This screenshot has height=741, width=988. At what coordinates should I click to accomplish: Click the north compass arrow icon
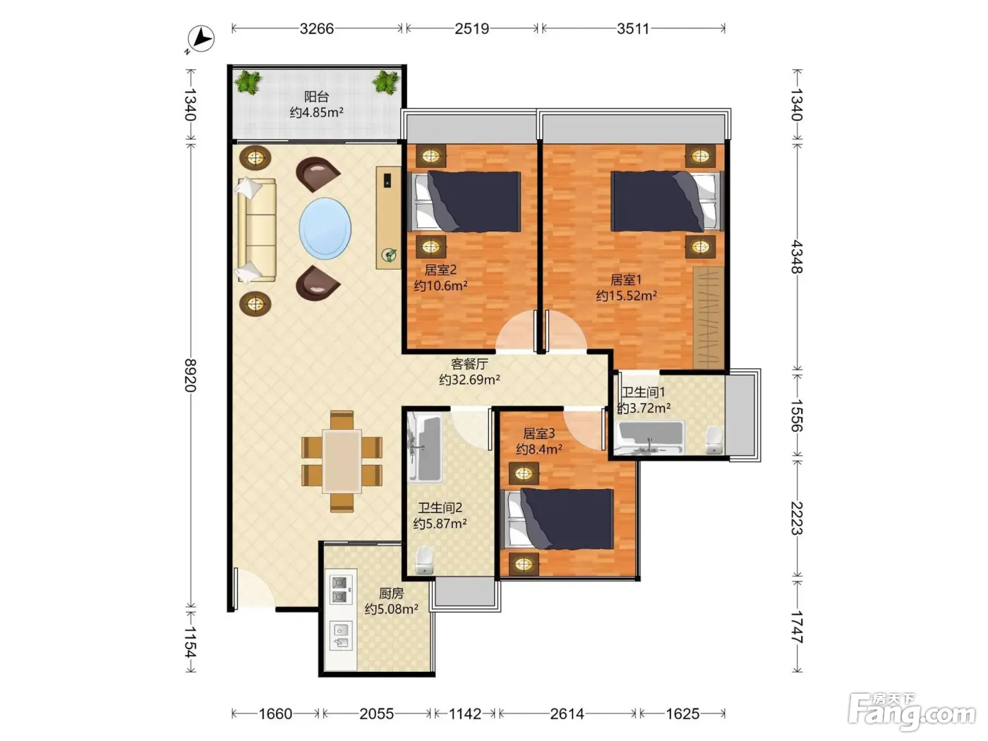200,39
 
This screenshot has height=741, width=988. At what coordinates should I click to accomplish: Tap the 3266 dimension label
316,29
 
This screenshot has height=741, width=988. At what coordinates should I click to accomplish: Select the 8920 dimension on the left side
191,375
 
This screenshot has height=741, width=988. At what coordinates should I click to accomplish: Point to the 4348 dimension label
797,257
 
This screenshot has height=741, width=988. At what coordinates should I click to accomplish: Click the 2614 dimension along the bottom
567,713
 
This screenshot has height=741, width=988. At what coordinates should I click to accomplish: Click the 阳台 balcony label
316,96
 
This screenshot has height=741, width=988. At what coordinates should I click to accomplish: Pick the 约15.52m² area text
626,296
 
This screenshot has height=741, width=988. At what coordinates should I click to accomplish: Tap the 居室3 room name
538,433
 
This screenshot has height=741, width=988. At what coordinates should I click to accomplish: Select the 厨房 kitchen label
391,594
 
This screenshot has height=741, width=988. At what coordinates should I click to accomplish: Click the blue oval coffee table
325,229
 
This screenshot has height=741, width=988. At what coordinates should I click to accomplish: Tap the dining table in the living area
342,461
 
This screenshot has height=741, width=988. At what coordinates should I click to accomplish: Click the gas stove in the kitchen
341,589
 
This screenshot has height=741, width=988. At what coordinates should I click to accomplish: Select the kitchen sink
341,635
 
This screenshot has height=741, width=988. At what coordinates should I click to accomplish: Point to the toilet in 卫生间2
424,560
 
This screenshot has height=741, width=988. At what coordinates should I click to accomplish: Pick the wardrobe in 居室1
709,318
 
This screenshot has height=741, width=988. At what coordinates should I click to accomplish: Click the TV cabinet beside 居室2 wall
388,218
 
